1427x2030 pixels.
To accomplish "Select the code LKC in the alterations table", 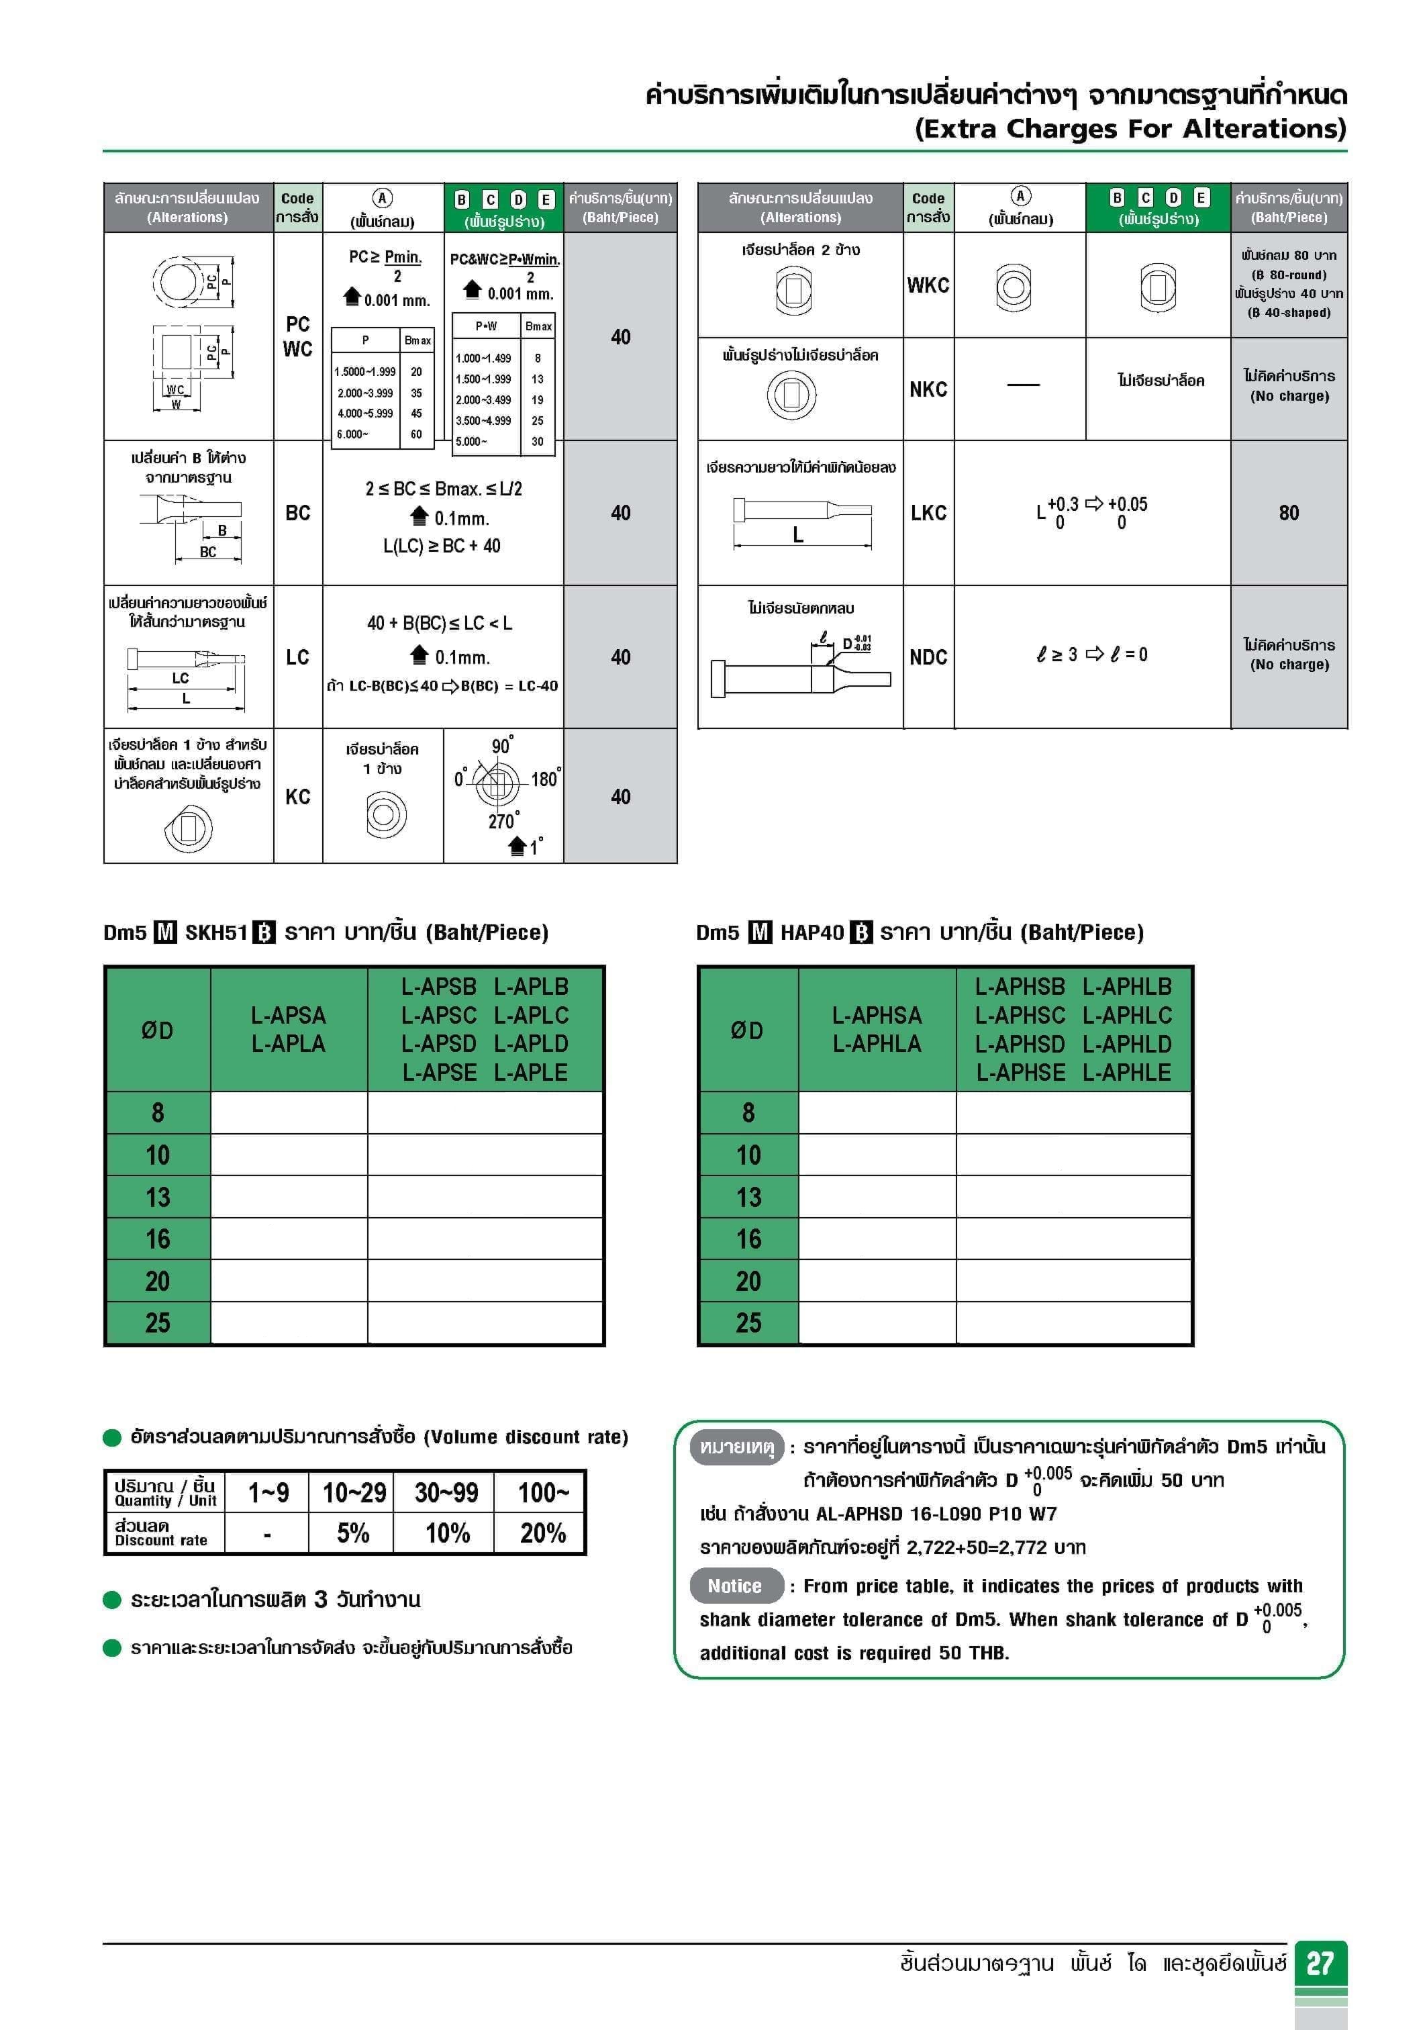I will click(x=928, y=513).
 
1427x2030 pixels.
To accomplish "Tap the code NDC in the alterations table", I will click(x=928, y=657).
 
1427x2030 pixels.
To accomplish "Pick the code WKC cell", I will click(x=928, y=285).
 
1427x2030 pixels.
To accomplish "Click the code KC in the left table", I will click(x=298, y=797).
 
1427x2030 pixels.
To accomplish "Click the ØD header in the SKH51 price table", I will click(x=157, y=1030).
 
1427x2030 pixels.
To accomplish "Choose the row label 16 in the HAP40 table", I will click(x=748, y=1239).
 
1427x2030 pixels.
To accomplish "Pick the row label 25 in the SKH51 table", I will click(x=157, y=1322).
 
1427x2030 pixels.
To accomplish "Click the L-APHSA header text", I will click(x=876, y=1015).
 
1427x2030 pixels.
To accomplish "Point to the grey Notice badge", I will click(x=735, y=1586).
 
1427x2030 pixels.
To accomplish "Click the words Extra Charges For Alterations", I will click(x=1130, y=129).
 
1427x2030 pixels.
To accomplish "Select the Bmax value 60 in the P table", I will click(x=416, y=434).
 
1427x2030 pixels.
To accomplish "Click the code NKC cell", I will click(x=928, y=389).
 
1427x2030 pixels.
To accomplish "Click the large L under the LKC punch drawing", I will click(x=798, y=534).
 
